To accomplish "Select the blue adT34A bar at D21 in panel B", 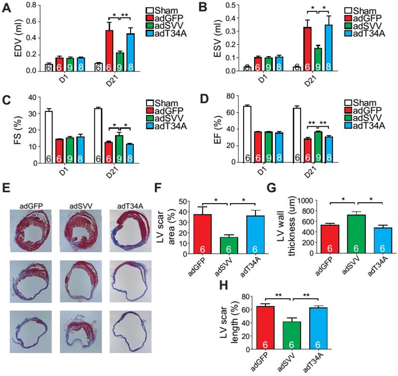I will pos(299,47).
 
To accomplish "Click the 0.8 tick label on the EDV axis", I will pos(30,5).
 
